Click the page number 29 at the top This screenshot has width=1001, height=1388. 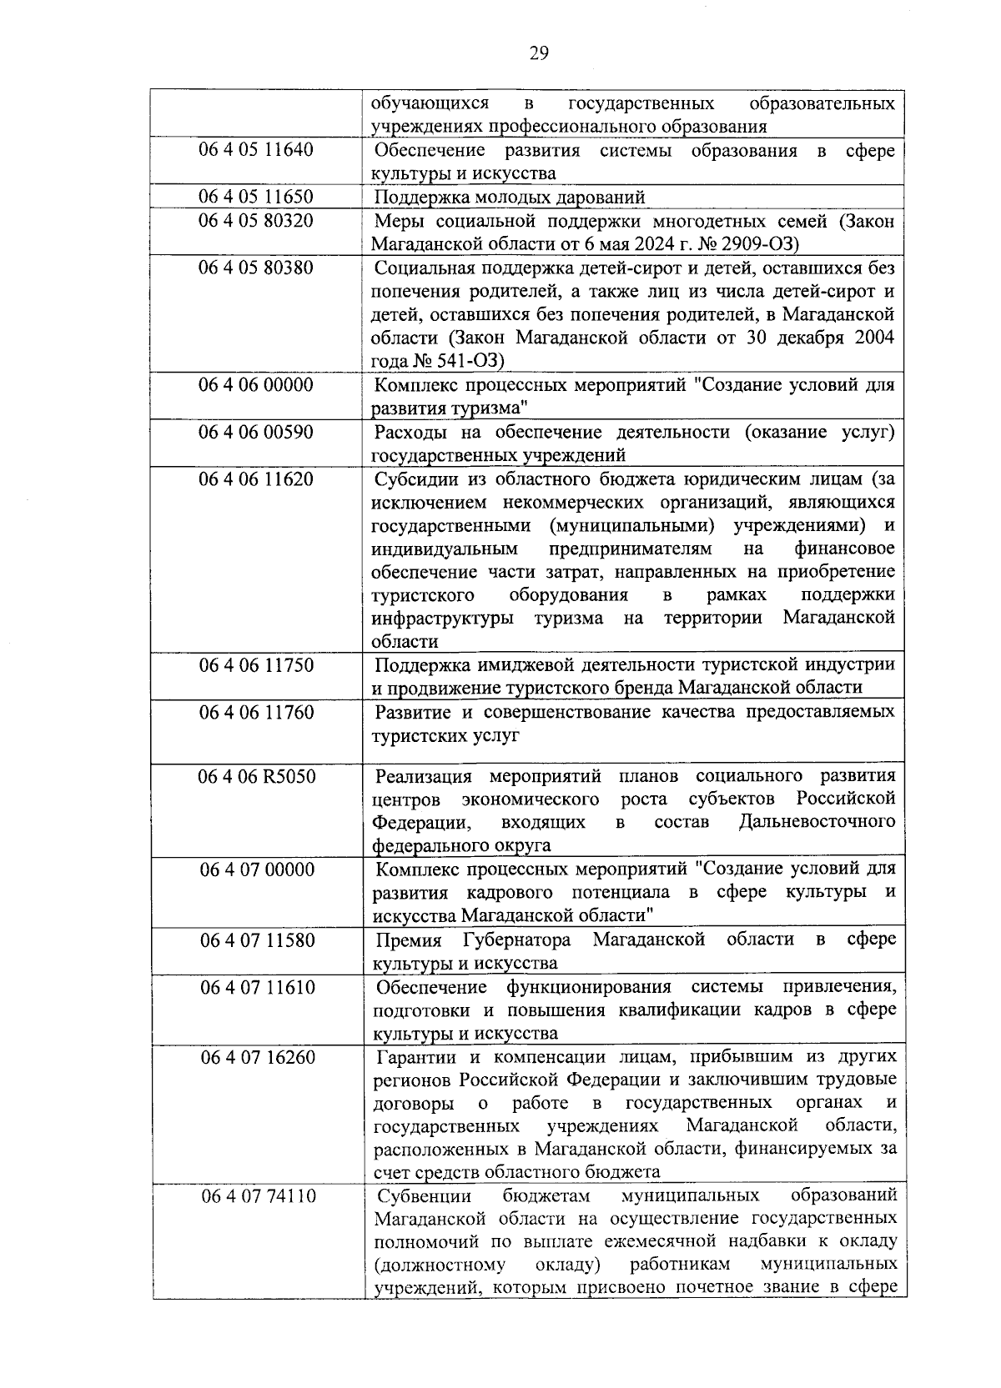coord(538,54)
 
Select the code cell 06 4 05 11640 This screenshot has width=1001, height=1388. coord(256,150)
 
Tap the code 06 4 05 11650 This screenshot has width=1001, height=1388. coord(256,197)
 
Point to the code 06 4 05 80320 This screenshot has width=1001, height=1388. coord(256,221)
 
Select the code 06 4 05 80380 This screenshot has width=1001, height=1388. coord(256,268)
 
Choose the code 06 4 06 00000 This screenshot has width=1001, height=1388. coord(256,385)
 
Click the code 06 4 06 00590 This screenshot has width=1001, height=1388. coord(256,432)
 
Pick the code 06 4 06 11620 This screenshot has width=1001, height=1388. coord(256,479)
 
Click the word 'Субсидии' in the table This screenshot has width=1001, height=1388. coord(412,479)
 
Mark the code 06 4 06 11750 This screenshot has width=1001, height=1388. coord(256,665)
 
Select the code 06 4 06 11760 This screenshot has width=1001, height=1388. coord(256,712)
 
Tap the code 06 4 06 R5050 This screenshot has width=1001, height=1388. coord(256,776)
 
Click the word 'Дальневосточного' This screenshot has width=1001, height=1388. coord(817,822)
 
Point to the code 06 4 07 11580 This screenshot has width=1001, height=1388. coord(257,940)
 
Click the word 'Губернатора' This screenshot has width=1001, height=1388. coord(516,940)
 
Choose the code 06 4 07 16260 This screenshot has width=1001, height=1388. coord(257,1057)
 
